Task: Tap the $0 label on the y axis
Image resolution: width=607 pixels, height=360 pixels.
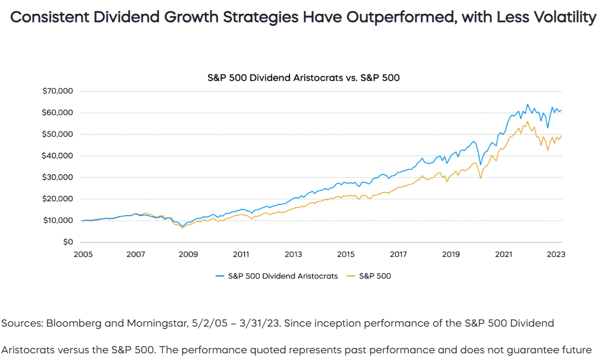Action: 68,242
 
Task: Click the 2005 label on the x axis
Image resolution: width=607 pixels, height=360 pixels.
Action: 82,254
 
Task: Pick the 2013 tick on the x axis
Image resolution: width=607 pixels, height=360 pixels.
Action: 293,254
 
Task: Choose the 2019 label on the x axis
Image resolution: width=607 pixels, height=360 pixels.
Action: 451,254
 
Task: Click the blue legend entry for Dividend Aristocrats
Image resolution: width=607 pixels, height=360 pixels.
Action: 277,276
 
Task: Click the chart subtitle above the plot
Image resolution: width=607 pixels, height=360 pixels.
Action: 303,78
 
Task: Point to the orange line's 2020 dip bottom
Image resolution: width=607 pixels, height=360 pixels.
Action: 480,178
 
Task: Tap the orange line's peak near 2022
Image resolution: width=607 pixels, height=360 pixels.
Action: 527,122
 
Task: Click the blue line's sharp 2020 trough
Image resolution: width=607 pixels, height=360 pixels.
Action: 480,165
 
